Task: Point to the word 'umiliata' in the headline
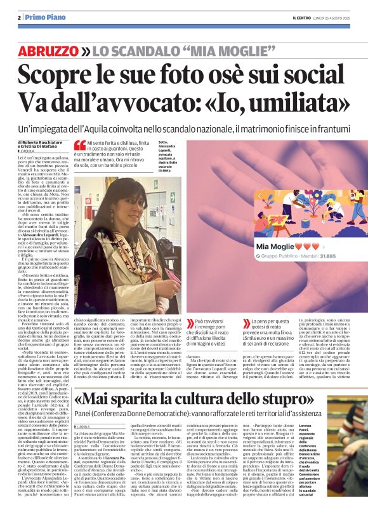pos(304,102)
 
